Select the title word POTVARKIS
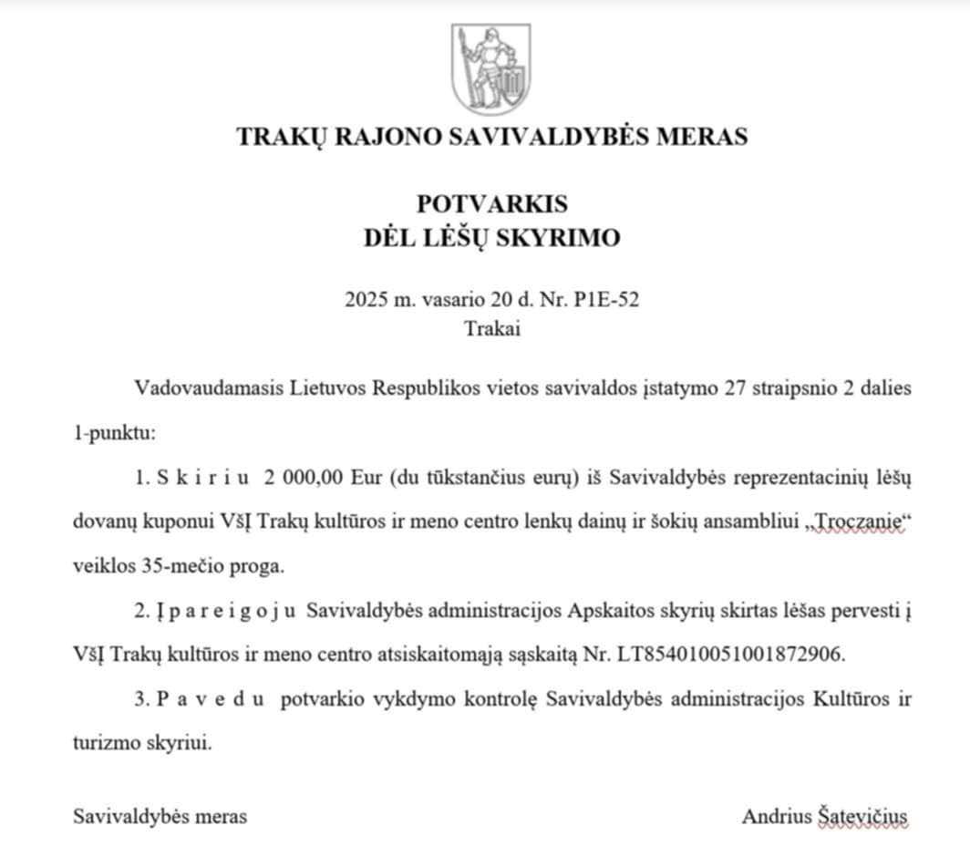(491, 202)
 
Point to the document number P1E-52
(607, 300)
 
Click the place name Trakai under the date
(492, 328)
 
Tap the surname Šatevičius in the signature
(862, 816)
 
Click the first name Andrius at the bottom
(776, 816)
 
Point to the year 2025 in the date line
(366, 300)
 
